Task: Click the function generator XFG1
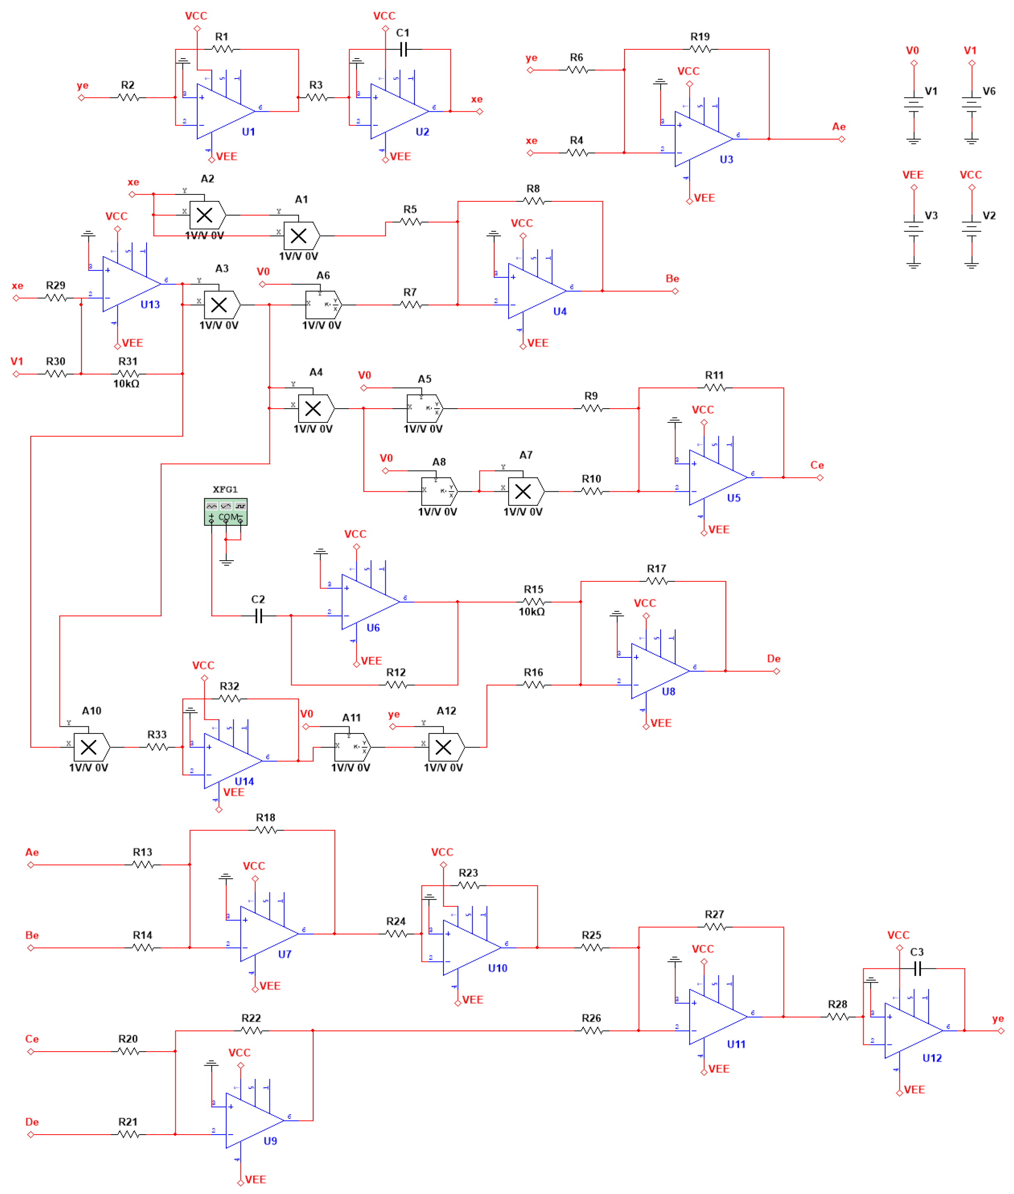(x=225, y=511)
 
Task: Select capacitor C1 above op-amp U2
(x=403, y=49)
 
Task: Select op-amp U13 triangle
(x=127, y=284)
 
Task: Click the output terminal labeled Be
(x=676, y=291)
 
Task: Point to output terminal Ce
(x=820, y=478)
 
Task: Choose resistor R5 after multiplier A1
(x=410, y=221)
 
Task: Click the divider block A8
(x=438, y=491)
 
